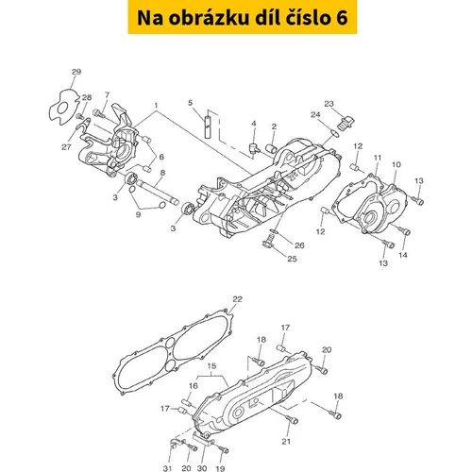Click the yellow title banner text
(243, 17)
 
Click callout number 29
(76, 72)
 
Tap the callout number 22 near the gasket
(237, 299)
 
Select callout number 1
(156, 105)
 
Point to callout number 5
(191, 103)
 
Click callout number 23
(329, 104)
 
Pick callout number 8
(162, 173)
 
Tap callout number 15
(212, 366)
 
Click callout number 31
(167, 468)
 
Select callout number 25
(292, 259)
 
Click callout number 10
(396, 164)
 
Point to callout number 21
(286, 442)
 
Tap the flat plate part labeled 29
(64, 107)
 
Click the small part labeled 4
(254, 147)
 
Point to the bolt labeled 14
(404, 230)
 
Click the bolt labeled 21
(292, 419)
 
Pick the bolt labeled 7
(99, 112)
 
